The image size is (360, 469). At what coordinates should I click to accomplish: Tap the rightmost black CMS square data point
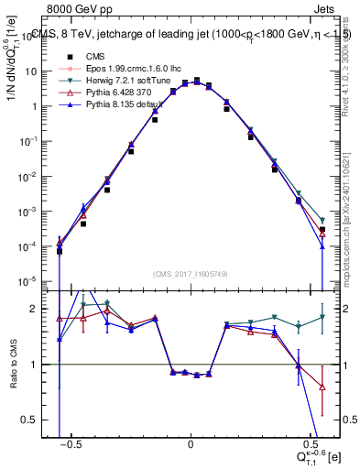[x=322, y=230]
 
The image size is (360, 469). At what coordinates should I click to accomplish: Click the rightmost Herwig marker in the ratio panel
[x=322, y=317]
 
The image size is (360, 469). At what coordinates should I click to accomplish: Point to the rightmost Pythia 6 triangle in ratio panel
[x=322, y=387]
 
